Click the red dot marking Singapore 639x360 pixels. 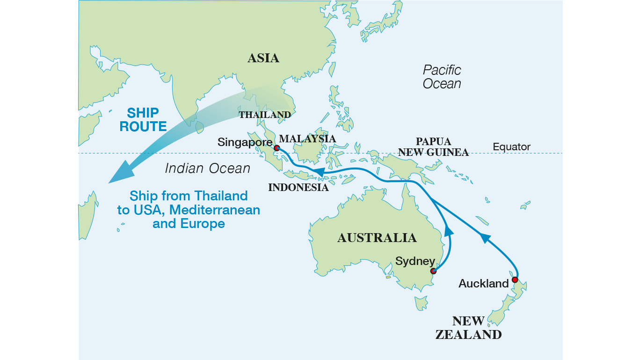(x=276, y=148)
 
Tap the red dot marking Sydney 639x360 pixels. (x=434, y=271)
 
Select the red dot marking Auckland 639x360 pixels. (x=515, y=280)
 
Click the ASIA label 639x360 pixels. (x=263, y=58)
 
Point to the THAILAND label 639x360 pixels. (x=265, y=115)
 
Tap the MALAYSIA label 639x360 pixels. (x=307, y=139)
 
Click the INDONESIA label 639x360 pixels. (x=298, y=188)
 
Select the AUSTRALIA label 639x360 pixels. (x=377, y=238)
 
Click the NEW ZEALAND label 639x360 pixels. (x=468, y=328)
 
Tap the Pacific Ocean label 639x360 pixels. (x=442, y=77)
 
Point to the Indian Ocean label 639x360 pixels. (x=207, y=169)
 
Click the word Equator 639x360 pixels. (x=512, y=147)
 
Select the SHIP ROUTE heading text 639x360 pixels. (x=143, y=120)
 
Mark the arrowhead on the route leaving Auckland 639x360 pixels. (x=485, y=238)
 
